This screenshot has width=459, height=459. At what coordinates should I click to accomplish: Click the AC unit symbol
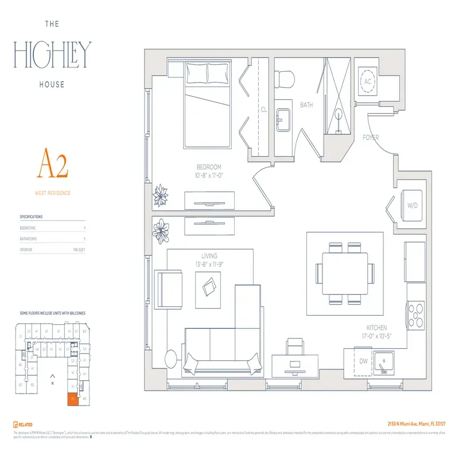[x=368, y=82]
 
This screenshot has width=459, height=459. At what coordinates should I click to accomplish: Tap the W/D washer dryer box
[x=412, y=205]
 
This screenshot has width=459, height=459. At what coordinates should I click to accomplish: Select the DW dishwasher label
[x=363, y=362]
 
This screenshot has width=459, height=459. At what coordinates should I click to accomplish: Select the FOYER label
[x=371, y=138]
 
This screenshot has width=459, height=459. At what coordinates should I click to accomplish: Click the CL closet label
[x=263, y=108]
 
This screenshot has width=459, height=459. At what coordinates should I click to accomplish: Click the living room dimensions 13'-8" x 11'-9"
[x=209, y=264]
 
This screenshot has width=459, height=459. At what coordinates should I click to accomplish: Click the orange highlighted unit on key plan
[x=73, y=399]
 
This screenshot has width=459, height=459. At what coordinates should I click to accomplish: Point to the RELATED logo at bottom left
[x=22, y=425]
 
